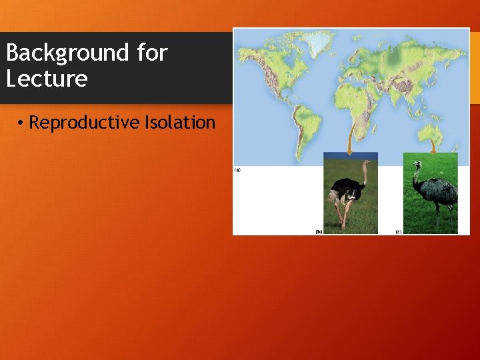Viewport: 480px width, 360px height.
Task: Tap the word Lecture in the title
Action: (47, 79)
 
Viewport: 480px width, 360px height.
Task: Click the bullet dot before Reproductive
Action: (21, 123)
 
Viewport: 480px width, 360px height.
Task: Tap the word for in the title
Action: (151, 52)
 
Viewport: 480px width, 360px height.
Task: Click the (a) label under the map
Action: (237, 170)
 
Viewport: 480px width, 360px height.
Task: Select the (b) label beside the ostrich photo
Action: (319, 231)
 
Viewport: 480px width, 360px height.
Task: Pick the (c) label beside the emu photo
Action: (398, 231)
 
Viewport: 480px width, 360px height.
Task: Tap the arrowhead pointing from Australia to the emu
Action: (433, 152)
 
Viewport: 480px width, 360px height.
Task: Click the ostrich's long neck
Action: (364, 175)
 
